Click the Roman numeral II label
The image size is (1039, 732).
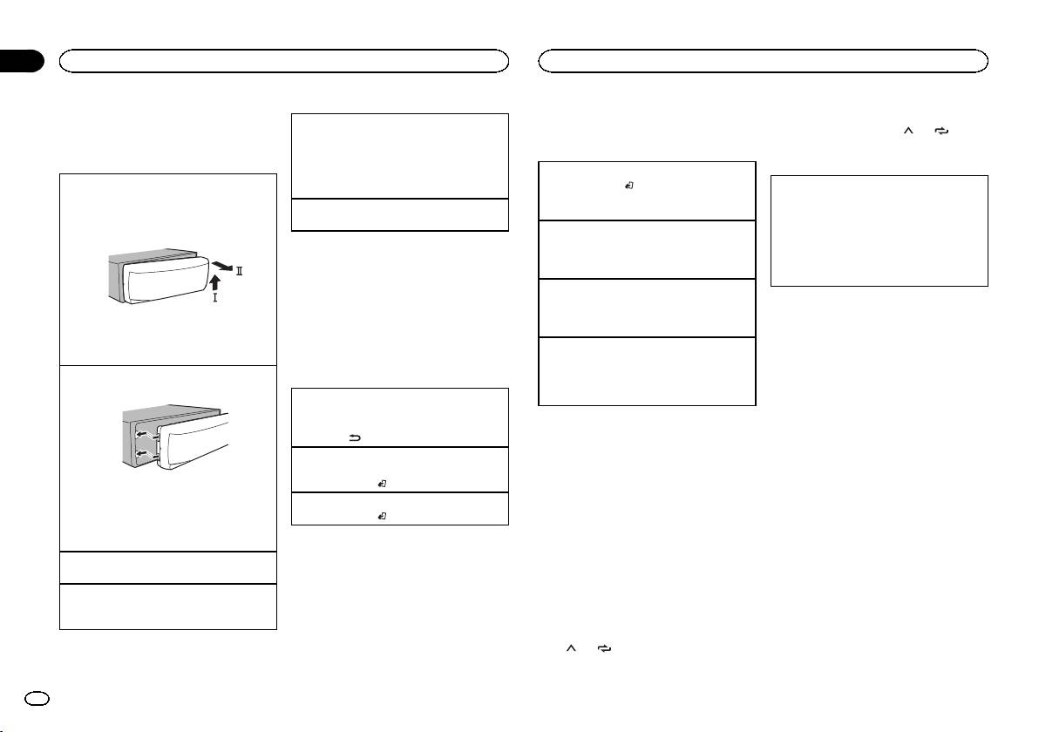(239, 272)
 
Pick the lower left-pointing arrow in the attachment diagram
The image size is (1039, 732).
(139, 455)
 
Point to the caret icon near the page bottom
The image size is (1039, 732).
(571, 649)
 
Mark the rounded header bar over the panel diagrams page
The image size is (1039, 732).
(283, 61)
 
